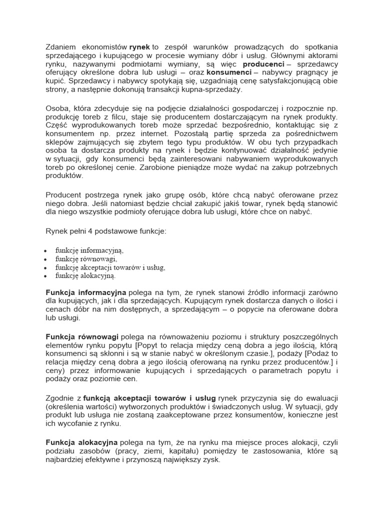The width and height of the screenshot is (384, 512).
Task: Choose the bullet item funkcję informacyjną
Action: (90, 250)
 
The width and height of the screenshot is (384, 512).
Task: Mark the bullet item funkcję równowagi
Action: (86, 258)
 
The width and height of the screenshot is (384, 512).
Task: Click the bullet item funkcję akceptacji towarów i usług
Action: (110, 267)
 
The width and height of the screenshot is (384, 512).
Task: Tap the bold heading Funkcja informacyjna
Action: (86, 291)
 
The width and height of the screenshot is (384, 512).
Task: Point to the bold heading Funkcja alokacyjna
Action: (81, 442)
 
